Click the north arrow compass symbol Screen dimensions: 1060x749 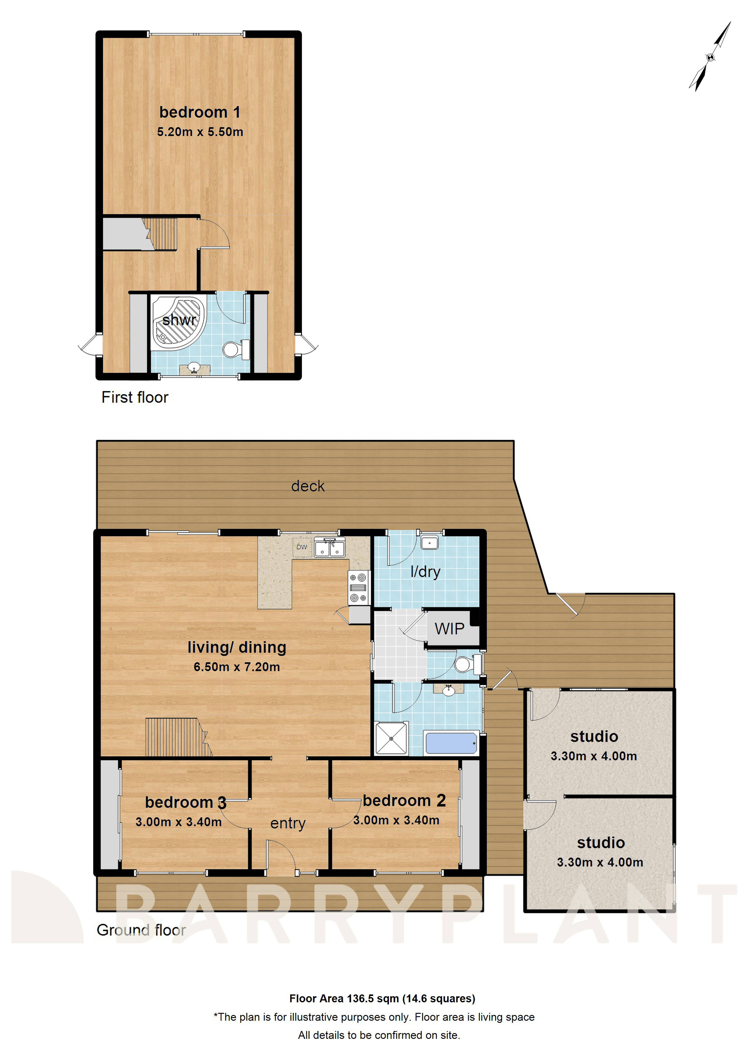coord(710,57)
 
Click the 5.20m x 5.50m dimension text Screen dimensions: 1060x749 coord(200,132)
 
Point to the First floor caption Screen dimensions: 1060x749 coord(135,398)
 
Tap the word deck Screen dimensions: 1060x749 coord(308,486)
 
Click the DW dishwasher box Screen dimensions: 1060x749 coord(302,547)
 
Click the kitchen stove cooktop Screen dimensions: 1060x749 coord(358,588)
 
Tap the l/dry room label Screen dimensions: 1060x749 coord(425,572)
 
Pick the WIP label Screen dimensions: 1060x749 coord(449,629)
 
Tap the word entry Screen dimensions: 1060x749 coord(288,823)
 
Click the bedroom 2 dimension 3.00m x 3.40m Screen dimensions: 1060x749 coord(396,820)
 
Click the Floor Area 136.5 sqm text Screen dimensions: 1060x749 coord(382,999)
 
